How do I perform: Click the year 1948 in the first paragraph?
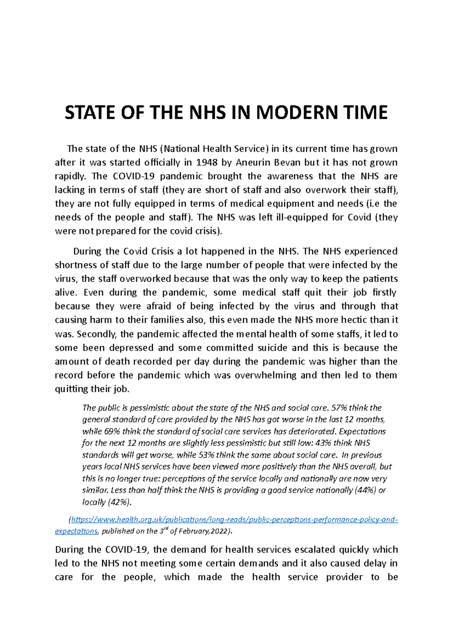coord(207,163)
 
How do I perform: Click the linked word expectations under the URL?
coord(76,531)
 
